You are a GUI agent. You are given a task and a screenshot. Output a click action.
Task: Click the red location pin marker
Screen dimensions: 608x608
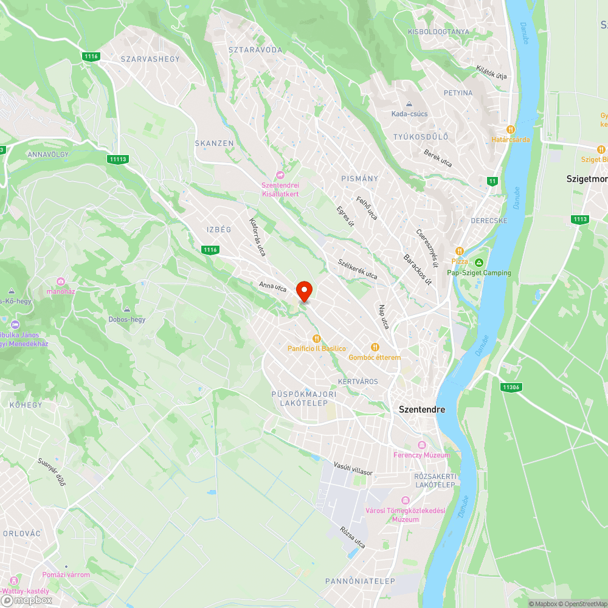click(x=304, y=291)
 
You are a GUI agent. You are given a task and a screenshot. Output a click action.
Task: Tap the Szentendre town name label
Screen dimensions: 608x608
click(x=422, y=409)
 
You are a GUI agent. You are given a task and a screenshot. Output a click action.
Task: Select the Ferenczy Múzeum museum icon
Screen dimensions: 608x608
click(x=422, y=444)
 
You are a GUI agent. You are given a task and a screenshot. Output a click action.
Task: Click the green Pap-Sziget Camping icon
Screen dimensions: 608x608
click(x=479, y=263)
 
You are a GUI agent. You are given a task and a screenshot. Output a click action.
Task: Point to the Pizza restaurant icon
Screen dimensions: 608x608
click(x=460, y=251)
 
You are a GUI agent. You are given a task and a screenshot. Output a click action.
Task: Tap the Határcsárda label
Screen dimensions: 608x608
click(x=511, y=139)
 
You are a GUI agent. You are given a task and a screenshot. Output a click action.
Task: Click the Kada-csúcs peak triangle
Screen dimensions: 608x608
click(x=409, y=104)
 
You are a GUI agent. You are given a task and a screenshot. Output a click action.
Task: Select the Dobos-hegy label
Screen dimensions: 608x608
click(x=127, y=319)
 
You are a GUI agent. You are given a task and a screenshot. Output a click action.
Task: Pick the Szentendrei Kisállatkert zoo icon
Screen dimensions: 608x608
click(x=280, y=175)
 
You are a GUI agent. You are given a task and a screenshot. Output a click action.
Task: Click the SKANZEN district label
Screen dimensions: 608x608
click(x=214, y=143)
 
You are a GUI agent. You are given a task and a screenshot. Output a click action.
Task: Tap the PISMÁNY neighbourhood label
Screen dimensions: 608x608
click(x=360, y=179)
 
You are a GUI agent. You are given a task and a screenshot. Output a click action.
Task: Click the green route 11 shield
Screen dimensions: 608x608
click(x=492, y=181)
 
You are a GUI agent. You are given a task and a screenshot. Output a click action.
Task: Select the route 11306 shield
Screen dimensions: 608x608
click(x=511, y=387)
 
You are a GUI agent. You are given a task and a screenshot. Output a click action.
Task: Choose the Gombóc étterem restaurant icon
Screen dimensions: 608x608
click(x=375, y=347)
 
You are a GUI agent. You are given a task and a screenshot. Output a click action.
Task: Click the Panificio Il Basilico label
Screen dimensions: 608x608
click(x=317, y=348)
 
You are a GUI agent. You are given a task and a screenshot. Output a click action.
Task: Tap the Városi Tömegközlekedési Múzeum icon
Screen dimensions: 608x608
click(x=406, y=500)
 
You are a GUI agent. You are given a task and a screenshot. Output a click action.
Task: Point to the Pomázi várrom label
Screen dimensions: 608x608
click(x=66, y=575)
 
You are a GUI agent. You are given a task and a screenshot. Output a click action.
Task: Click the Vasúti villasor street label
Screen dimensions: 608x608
click(x=353, y=468)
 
